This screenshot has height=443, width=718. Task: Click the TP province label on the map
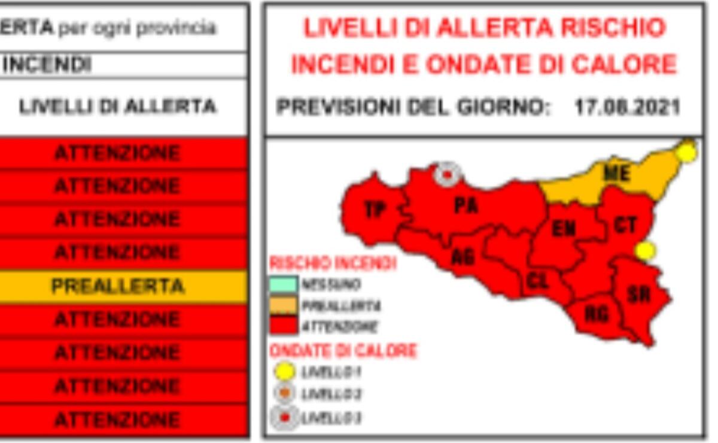tap(375, 210)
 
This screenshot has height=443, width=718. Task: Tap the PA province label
tap(466, 205)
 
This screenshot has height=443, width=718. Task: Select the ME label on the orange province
tap(616, 174)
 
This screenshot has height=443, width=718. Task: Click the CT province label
tap(625, 225)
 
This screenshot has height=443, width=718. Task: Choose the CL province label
tap(538, 280)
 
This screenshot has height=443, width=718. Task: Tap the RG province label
tap(596, 313)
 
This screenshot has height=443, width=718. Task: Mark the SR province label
tap(639, 294)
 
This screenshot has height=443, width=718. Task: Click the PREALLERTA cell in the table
tap(118, 286)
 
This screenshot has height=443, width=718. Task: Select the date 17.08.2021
tap(627, 108)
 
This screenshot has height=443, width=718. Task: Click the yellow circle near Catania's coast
tap(645, 250)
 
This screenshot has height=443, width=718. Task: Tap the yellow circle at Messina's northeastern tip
tap(687, 152)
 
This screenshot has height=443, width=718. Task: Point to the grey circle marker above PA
tap(446, 174)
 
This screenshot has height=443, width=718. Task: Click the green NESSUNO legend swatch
tap(283, 284)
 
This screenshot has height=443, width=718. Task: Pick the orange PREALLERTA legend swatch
tap(283, 305)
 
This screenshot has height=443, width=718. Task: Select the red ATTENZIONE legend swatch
tap(283, 326)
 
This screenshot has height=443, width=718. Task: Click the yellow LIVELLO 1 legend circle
tap(284, 372)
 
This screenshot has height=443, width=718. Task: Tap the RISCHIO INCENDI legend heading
tap(333, 263)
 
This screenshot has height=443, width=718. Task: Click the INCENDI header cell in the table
tap(48, 65)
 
